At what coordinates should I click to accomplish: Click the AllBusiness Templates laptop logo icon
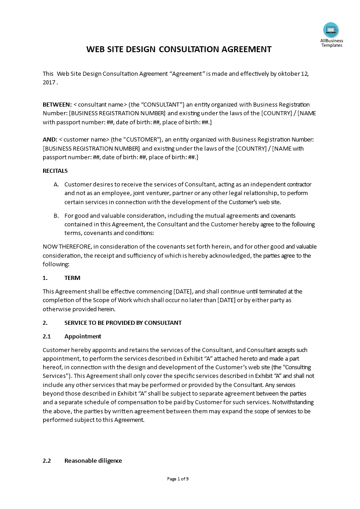coord(331,30)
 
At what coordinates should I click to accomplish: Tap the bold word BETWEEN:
coord(57,104)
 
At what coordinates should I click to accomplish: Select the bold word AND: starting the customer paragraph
coord(50,139)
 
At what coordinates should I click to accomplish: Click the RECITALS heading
coord(55,171)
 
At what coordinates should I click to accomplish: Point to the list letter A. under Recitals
coord(56,185)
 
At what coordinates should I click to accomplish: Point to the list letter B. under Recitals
coord(56,215)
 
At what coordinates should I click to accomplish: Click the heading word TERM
coord(72,278)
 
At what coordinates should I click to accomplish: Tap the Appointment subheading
coord(83,336)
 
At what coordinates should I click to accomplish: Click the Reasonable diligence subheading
coord(93,460)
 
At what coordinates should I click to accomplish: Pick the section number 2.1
coord(47,336)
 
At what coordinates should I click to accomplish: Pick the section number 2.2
coord(47,460)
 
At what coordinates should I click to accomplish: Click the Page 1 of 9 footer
coord(178,479)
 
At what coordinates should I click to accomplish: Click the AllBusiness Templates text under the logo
coord(331,43)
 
